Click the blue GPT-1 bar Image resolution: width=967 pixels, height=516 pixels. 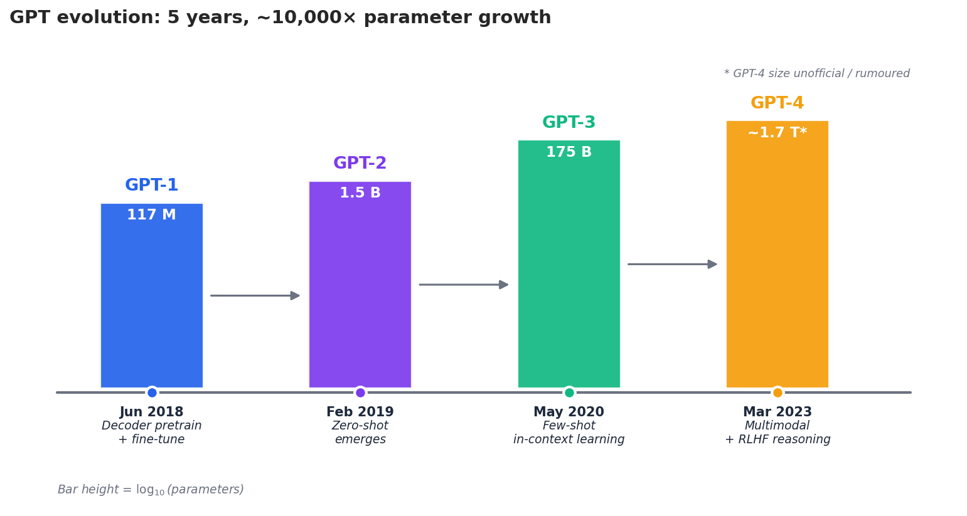[x=151, y=301]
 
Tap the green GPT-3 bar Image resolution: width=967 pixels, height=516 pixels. [x=569, y=270]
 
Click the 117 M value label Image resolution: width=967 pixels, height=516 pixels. [x=151, y=215]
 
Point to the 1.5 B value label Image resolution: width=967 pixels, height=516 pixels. [x=360, y=193]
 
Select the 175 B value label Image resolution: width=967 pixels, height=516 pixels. [x=569, y=152]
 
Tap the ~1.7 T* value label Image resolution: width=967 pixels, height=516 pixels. [x=777, y=133]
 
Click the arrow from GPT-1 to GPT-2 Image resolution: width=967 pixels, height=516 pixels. [x=255, y=295]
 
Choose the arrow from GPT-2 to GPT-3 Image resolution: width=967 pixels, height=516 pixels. [x=463, y=285]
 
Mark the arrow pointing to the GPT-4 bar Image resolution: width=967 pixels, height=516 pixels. [x=672, y=264]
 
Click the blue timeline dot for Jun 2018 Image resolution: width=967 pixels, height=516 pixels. [x=152, y=392]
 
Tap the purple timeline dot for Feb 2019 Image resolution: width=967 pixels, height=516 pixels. [x=360, y=392]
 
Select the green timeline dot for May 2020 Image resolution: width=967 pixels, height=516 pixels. [x=569, y=392]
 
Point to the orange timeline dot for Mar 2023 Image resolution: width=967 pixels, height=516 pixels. [x=777, y=392]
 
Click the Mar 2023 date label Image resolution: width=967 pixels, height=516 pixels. [x=777, y=412]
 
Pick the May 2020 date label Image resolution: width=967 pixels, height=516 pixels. [x=569, y=412]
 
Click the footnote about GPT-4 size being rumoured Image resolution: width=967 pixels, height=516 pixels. [x=816, y=73]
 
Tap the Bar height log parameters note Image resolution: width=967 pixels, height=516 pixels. [x=151, y=490]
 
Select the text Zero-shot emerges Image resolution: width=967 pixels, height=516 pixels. [x=360, y=433]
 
